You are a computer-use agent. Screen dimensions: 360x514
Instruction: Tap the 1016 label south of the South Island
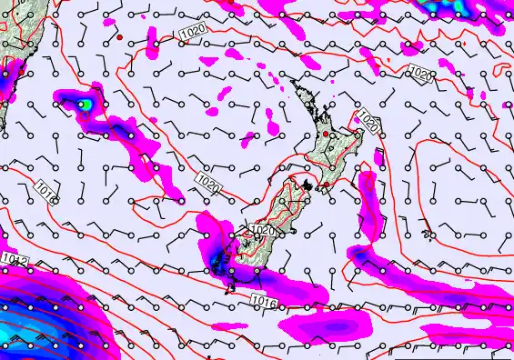[x=263, y=300]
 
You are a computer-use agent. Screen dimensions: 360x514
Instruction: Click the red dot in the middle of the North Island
[x=327, y=135]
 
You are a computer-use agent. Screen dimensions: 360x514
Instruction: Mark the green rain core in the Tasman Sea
[x=84, y=104]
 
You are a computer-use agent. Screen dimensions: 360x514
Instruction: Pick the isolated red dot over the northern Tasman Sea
[x=119, y=38]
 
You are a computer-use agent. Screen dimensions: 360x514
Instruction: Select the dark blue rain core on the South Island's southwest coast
[x=218, y=264]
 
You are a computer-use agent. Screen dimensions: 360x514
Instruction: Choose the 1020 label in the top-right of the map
[x=420, y=74]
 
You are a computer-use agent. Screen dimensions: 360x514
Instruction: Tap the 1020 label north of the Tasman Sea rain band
[x=191, y=30]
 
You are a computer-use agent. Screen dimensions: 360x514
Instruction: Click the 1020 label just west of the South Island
[x=208, y=185]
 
